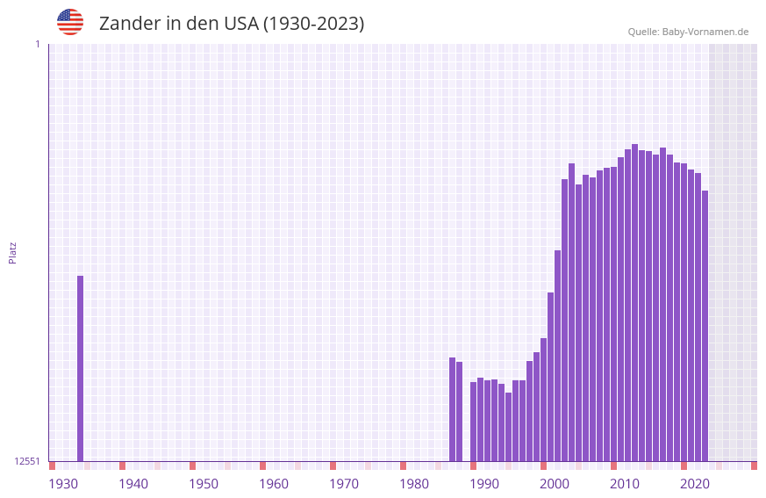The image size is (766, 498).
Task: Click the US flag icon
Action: (x=70, y=22)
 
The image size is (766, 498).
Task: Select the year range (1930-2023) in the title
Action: (x=313, y=24)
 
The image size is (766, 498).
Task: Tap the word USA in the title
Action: (x=240, y=24)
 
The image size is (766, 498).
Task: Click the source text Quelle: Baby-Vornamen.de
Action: (x=688, y=32)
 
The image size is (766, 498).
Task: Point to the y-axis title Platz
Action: (x=12, y=252)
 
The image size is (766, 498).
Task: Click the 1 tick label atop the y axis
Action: (x=37, y=44)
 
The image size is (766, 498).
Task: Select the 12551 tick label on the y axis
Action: (x=27, y=461)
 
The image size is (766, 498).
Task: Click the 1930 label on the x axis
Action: (x=63, y=484)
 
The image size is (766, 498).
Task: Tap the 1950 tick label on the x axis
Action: (x=204, y=484)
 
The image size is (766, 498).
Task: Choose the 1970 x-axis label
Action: (x=344, y=484)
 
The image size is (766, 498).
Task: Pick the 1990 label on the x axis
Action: (x=484, y=484)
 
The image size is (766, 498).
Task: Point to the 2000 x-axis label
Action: (x=555, y=484)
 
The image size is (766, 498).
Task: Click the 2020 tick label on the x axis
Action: (x=695, y=484)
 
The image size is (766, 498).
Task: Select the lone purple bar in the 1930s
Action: (x=80, y=369)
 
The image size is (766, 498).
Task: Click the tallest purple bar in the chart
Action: (x=634, y=303)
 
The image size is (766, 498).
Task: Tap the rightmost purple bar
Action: (x=705, y=326)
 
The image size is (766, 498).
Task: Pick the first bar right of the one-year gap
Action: (x=473, y=422)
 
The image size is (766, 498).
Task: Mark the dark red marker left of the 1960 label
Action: (x=262, y=466)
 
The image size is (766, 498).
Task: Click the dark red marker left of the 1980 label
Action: (x=403, y=466)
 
